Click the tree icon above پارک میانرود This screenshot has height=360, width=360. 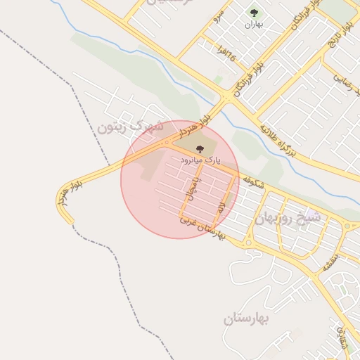pos(200,149)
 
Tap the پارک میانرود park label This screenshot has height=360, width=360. pos(200,160)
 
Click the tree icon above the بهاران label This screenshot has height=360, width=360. pos(253,13)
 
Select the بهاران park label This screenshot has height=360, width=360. pos(253,25)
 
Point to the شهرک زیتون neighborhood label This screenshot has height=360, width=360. pos(131,127)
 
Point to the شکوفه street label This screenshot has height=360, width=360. pos(253,183)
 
